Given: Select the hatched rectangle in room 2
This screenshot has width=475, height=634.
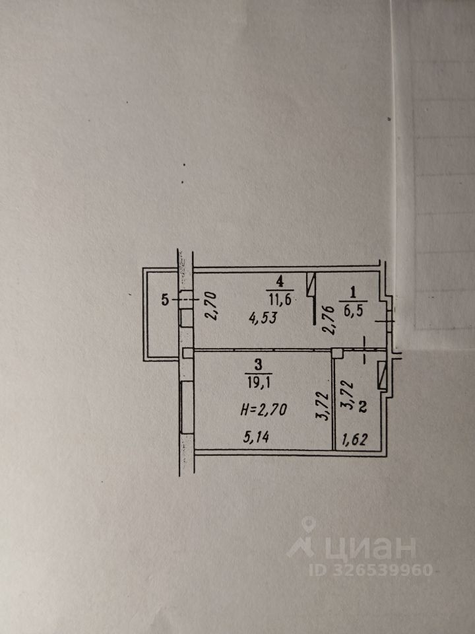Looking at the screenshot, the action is [x=381, y=377].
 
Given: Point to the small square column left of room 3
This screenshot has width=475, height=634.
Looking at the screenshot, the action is [x=187, y=353].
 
